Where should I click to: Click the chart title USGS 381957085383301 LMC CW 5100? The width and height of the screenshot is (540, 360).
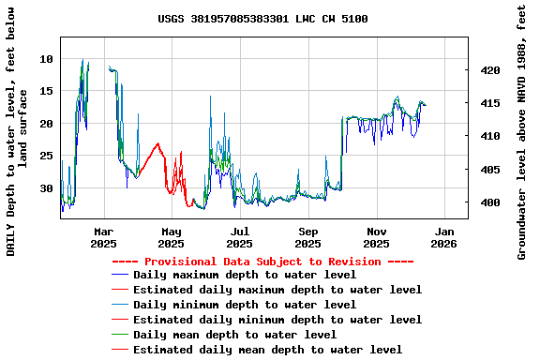262,19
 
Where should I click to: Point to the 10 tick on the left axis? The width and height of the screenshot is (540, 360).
46,59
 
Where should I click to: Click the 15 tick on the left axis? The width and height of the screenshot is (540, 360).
46,91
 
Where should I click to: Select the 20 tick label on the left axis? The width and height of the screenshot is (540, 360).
46,124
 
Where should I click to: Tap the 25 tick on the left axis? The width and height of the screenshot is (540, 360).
46,156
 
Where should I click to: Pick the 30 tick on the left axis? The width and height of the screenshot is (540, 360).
46,188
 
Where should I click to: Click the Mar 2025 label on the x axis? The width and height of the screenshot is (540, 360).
103,237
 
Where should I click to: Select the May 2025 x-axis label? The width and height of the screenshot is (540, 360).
172,237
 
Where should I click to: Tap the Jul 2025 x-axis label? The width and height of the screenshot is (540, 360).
240,237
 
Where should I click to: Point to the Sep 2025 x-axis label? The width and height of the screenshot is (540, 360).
308,237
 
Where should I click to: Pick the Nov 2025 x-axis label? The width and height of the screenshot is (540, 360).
377,237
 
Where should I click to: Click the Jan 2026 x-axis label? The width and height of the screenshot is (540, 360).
444,237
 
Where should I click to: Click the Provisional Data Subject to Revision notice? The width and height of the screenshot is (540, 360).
262,262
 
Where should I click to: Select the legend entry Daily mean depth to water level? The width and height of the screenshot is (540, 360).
234,335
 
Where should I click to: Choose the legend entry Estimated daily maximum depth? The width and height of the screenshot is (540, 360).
277,290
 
